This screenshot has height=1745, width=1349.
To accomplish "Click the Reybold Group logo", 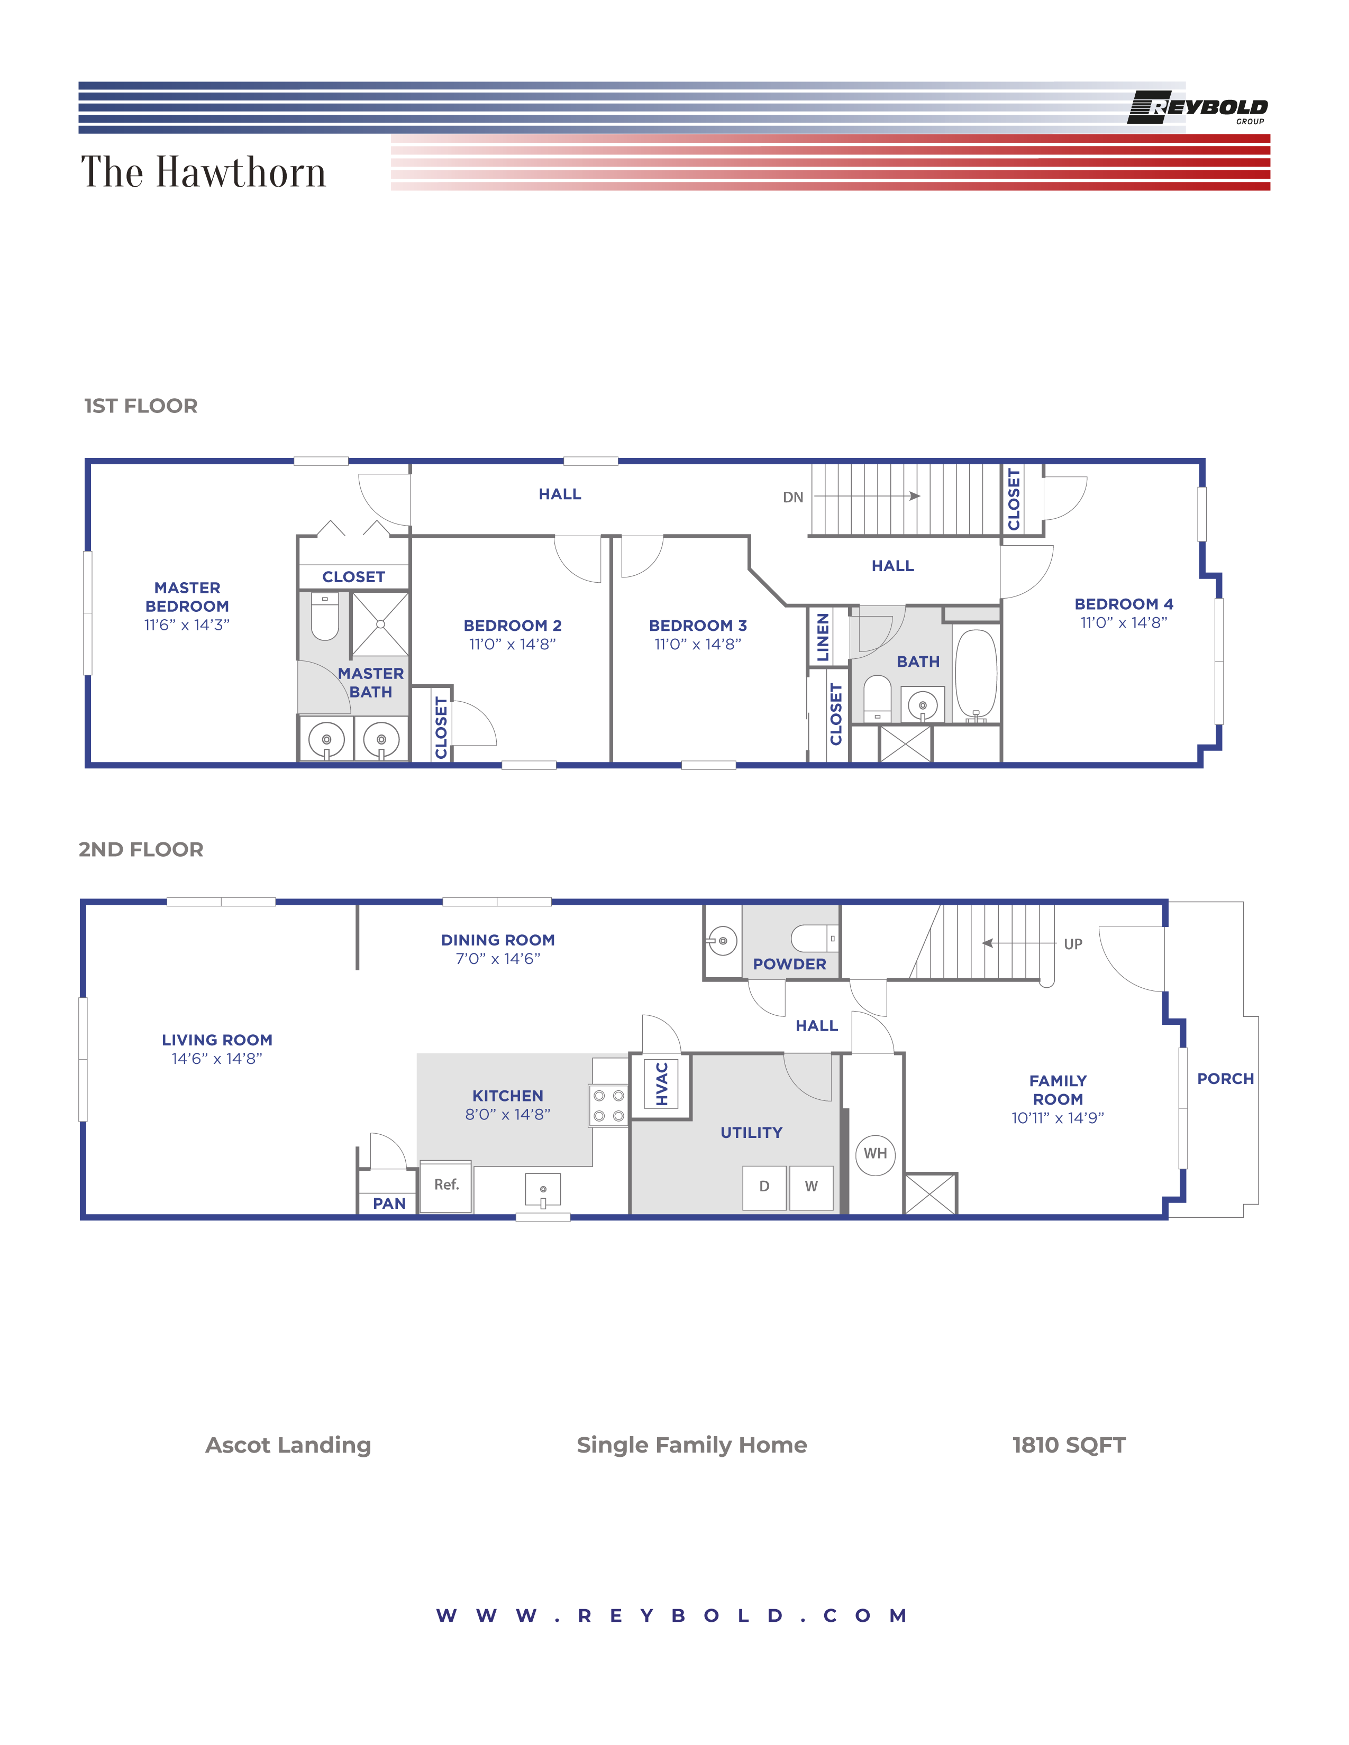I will point(1197,108).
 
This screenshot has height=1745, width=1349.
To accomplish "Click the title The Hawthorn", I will point(204,172).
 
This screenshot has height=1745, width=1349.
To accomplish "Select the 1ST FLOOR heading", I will point(141,406).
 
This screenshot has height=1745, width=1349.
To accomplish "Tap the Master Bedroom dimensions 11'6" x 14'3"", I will point(187,625).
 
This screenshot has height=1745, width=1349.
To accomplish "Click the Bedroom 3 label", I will point(698,626).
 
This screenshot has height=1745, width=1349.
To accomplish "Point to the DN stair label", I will point(793,497).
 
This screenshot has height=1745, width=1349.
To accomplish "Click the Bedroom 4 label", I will point(1124,604).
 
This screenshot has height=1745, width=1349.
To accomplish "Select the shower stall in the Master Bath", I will point(380,624).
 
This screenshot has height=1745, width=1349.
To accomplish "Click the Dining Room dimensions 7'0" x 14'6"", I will point(498,959).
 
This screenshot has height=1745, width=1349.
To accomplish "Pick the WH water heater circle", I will point(875,1154).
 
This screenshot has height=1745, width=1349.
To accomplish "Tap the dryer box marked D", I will point(764,1187).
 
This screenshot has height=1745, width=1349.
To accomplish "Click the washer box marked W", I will point(811,1187).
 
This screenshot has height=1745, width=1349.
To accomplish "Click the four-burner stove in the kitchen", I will point(609,1106).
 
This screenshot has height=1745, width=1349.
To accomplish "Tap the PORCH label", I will point(1225,1079).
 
